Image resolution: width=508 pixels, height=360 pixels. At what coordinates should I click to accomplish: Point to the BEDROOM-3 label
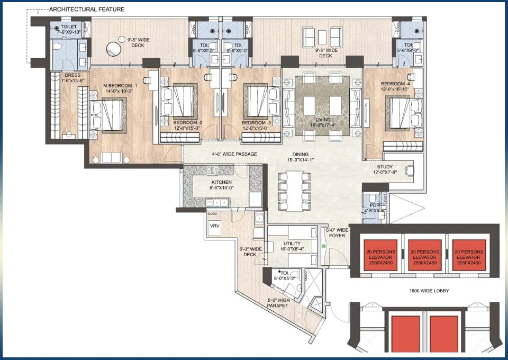(x=257, y=125)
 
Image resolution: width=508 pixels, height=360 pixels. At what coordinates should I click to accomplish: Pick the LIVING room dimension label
(x=322, y=123)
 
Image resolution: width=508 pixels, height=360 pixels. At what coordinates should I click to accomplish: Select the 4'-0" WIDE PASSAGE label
(x=231, y=154)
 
